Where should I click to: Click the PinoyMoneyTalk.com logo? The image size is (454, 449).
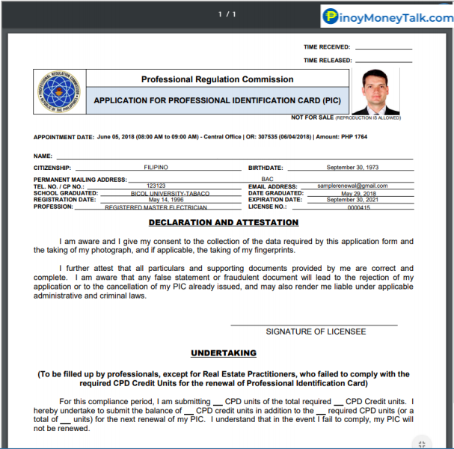[386, 16]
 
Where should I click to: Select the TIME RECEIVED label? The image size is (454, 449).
[327, 47]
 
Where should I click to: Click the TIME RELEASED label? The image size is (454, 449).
[327, 61]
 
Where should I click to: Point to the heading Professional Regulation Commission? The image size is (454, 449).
[217, 79]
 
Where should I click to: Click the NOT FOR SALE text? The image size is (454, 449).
[313, 117]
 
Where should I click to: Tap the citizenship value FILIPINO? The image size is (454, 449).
[156, 167]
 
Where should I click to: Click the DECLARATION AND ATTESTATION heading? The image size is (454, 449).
[224, 223]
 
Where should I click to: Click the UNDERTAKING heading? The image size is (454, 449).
[224, 352]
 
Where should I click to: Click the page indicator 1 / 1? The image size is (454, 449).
[227, 14]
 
